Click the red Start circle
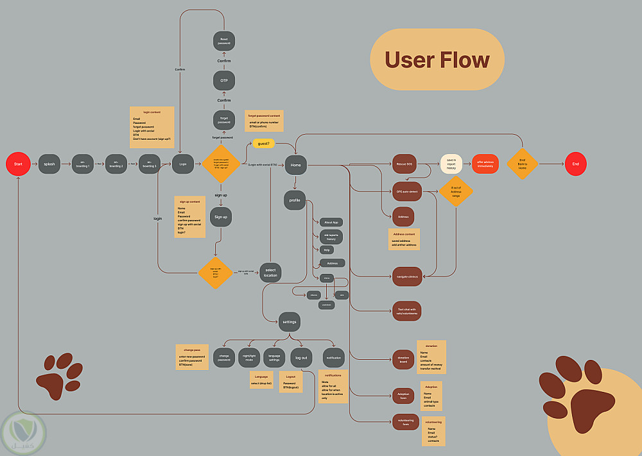(18, 164)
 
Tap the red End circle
(575, 164)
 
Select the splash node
(49, 164)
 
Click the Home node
(296, 165)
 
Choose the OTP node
(223, 80)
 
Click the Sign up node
(221, 217)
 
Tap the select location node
(270, 273)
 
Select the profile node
(295, 201)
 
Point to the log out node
(300, 357)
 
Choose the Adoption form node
(403, 396)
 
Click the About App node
(332, 222)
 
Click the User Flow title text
(437, 60)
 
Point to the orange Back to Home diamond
(522, 164)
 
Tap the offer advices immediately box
(485, 164)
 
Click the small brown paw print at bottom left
(59, 374)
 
